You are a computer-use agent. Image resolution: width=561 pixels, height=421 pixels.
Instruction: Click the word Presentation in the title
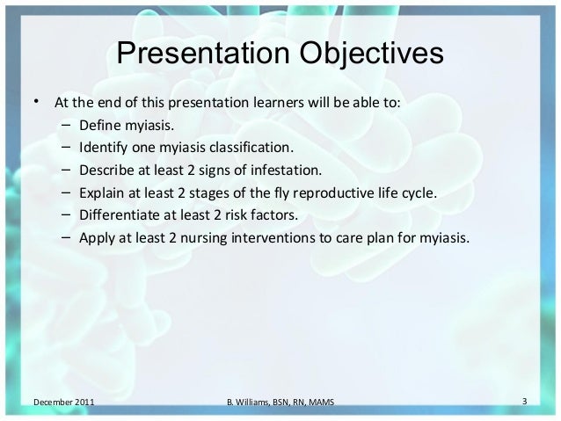click(x=203, y=53)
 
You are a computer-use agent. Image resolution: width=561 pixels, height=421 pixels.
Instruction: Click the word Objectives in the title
click(x=371, y=54)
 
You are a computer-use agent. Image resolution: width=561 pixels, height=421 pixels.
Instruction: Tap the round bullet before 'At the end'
click(x=36, y=101)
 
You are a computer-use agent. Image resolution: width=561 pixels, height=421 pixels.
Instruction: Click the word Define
click(x=100, y=125)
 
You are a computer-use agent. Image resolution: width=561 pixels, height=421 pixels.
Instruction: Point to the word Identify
click(x=104, y=148)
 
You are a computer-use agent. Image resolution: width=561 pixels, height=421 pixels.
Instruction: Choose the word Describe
click(x=106, y=171)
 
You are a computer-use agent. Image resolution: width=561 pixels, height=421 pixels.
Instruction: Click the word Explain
click(x=102, y=193)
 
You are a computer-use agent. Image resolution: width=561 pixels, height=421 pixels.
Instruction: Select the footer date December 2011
click(x=64, y=402)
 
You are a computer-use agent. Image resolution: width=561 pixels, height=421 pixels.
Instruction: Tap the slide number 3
click(x=524, y=402)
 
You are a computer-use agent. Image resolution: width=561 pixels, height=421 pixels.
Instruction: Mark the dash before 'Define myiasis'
click(x=66, y=125)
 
